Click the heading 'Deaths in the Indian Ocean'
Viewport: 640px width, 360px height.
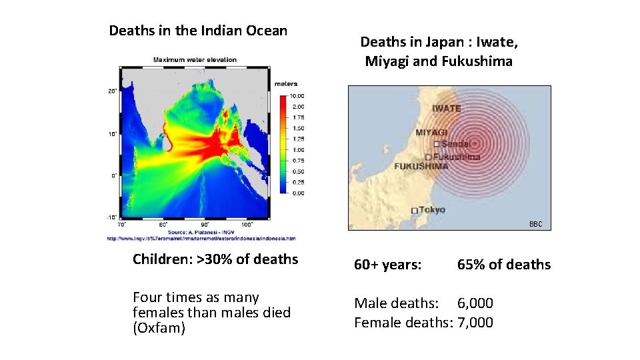pos(198,31)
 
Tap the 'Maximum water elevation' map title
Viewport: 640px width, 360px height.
pos(195,60)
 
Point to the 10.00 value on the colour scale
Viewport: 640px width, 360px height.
pos(298,96)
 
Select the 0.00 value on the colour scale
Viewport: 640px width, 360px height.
pos(297,193)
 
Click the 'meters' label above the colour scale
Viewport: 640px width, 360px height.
pos(286,84)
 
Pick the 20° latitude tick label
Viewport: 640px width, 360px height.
pos(112,91)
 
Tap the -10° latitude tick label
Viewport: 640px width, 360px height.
pos(111,217)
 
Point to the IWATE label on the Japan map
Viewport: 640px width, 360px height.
pos(446,109)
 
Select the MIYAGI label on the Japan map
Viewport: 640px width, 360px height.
pos(431,132)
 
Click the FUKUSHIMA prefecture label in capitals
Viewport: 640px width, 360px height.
pos(421,166)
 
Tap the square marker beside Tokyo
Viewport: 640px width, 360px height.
pos(415,211)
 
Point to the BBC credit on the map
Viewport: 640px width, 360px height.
pos(536,225)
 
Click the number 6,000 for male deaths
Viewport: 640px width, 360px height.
pos(475,303)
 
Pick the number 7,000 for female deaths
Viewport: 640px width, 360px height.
pos(475,323)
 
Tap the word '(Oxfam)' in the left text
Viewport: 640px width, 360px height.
pos(159,328)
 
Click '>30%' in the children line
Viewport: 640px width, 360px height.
pos(213,259)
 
